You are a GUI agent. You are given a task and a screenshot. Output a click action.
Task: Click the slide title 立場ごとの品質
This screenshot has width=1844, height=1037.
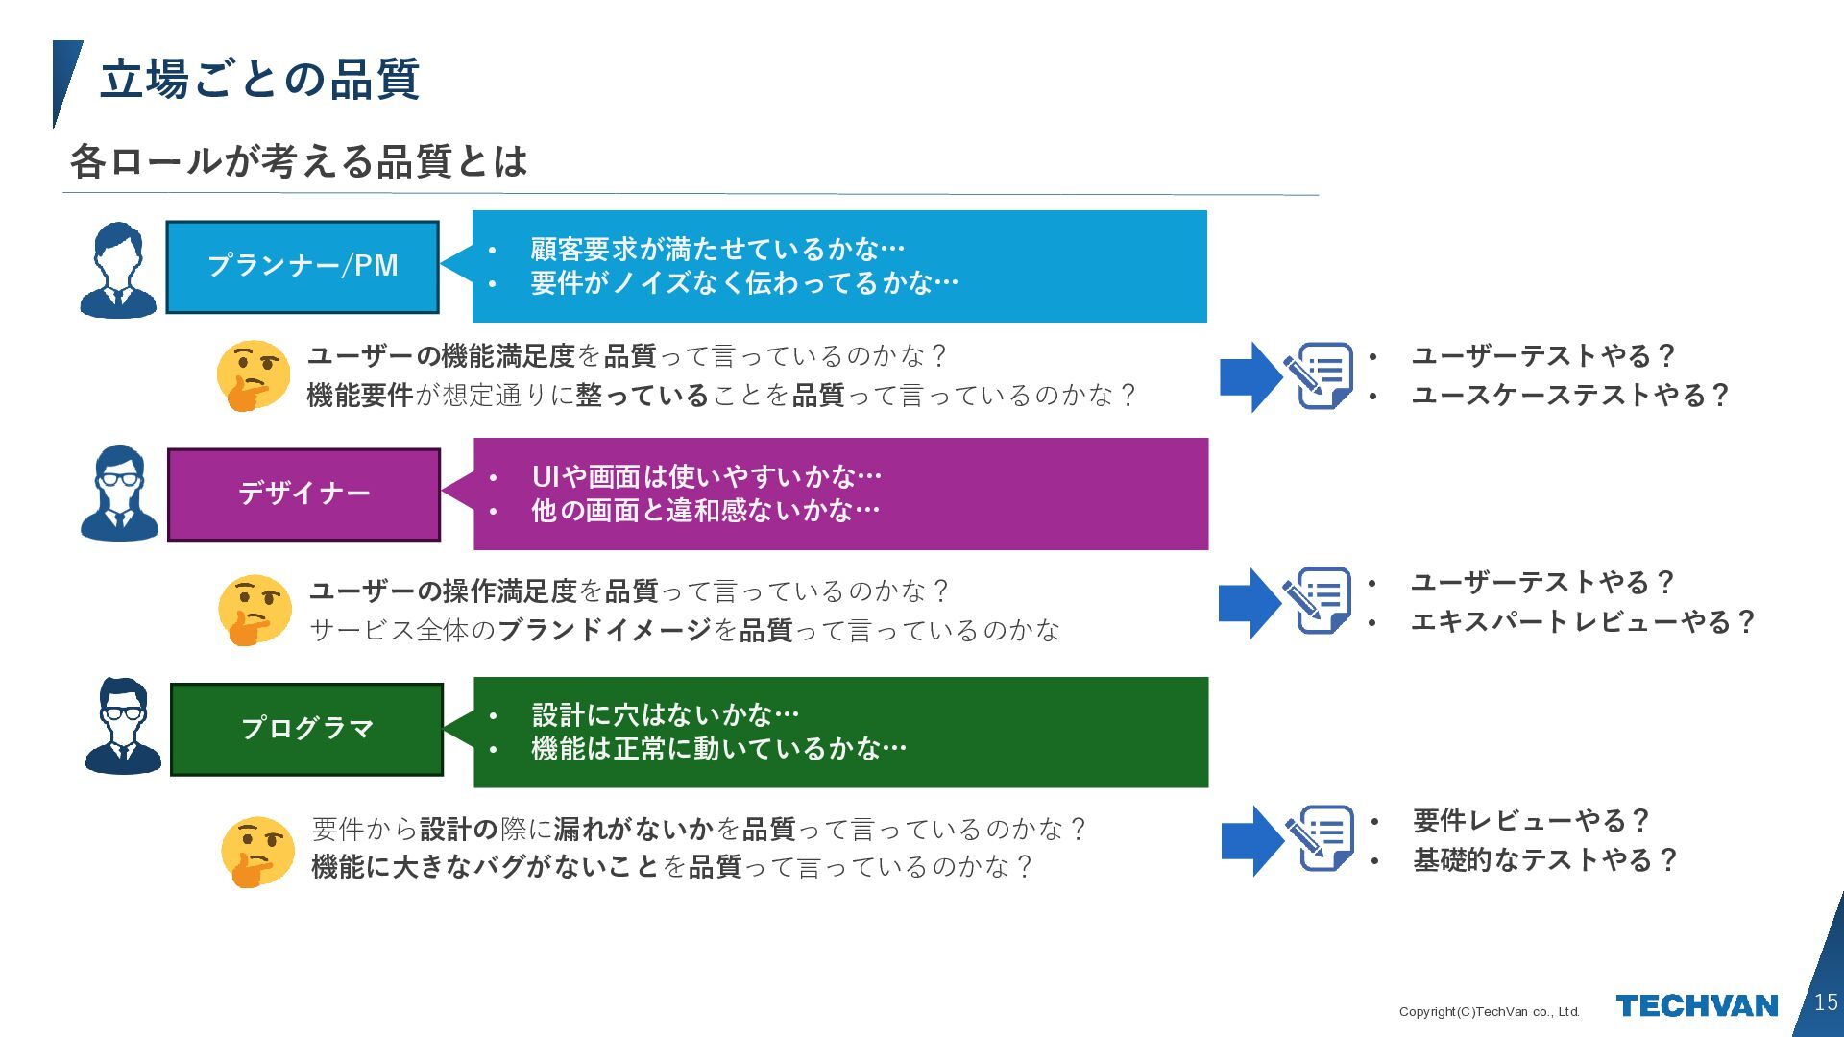point(259,79)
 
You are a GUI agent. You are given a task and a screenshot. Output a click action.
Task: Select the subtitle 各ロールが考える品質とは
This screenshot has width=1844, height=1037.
point(299,161)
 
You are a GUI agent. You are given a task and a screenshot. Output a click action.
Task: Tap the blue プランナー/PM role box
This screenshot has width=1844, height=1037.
point(303,266)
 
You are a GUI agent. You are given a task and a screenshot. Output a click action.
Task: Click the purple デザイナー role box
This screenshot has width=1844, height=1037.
point(303,494)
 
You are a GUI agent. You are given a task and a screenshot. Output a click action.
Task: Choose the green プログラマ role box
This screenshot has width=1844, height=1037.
point(306,729)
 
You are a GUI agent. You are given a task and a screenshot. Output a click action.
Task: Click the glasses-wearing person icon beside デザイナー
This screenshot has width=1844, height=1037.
point(119,493)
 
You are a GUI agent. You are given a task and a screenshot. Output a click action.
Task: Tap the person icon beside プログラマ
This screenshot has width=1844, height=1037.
point(123,726)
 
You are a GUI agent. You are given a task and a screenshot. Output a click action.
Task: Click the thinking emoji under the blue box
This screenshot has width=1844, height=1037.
point(253,375)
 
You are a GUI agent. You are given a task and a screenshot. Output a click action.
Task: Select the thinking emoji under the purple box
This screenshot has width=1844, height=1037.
point(254,610)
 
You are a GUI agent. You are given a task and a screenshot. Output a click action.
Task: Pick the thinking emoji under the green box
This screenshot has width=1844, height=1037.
point(256,852)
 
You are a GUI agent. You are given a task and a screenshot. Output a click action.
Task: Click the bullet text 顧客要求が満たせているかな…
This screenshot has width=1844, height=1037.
point(717,250)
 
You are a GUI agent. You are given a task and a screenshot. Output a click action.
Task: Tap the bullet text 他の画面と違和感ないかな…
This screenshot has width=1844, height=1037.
point(706,510)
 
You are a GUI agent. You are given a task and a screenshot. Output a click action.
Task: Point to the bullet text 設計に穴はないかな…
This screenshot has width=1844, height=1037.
point(666,714)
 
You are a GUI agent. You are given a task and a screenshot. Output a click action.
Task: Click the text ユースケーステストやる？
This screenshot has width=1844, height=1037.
point(1569,396)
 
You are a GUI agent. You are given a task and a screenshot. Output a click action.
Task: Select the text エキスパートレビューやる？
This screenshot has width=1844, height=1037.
point(1582,622)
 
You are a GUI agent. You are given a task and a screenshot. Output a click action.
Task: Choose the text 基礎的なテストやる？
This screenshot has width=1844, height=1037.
point(1544,860)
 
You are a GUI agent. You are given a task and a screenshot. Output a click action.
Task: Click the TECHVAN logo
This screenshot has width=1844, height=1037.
point(1696,1006)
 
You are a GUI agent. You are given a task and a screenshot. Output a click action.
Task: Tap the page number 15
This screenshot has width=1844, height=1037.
point(1826,1002)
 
